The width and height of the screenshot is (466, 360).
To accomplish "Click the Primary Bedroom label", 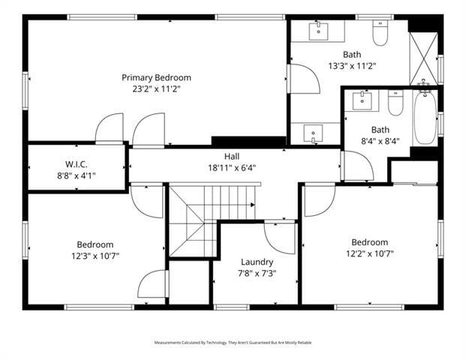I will pyautogui.click(x=156, y=77).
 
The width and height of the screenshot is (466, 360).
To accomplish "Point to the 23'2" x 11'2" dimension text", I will pyautogui.click(x=156, y=88).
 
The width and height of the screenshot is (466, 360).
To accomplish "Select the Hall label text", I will pyautogui.click(x=232, y=156).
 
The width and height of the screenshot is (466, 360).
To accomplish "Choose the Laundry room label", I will pyautogui.click(x=257, y=262).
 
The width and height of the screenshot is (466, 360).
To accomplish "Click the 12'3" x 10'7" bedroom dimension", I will pyautogui.click(x=95, y=256).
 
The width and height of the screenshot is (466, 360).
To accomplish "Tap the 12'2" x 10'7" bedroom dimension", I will pyautogui.click(x=370, y=253).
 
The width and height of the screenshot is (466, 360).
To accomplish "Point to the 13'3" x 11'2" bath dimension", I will pyautogui.click(x=352, y=65).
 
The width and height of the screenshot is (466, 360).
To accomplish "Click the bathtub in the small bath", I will pyautogui.click(x=425, y=117).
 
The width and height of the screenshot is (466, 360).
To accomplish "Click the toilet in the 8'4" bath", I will pyautogui.click(x=395, y=102).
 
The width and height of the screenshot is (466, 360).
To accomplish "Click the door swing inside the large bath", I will pyautogui.click(x=303, y=79).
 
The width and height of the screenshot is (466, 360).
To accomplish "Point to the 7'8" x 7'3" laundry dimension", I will pyautogui.click(x=257, y=273).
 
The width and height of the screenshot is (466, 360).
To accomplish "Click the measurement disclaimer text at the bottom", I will pyautogui.click(x=233, y=343).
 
